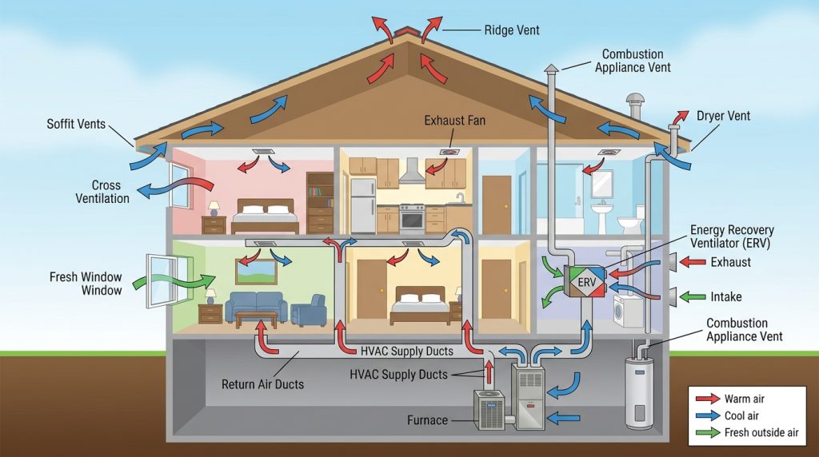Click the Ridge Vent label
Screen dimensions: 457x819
pos(512,30)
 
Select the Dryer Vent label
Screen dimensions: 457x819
pos(723,116)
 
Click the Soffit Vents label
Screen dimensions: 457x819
pos(76,125)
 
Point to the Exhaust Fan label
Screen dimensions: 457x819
pos(455,121)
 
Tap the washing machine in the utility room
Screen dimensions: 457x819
pos(624,312)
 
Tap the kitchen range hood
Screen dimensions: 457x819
pos(411,173)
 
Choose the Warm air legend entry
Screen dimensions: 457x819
pos(745,399)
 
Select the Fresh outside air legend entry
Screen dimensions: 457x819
pos(758,432)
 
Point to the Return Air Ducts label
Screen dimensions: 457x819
pos(262,384)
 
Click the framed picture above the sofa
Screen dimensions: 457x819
pos(255,272)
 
